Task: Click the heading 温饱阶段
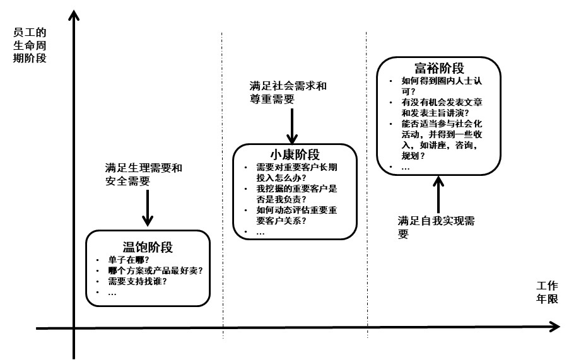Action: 147,247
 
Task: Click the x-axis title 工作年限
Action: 548,293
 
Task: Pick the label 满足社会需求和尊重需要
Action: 288,92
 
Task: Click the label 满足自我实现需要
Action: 436,227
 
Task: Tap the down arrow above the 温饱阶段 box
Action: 148,207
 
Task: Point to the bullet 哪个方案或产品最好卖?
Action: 155,270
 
